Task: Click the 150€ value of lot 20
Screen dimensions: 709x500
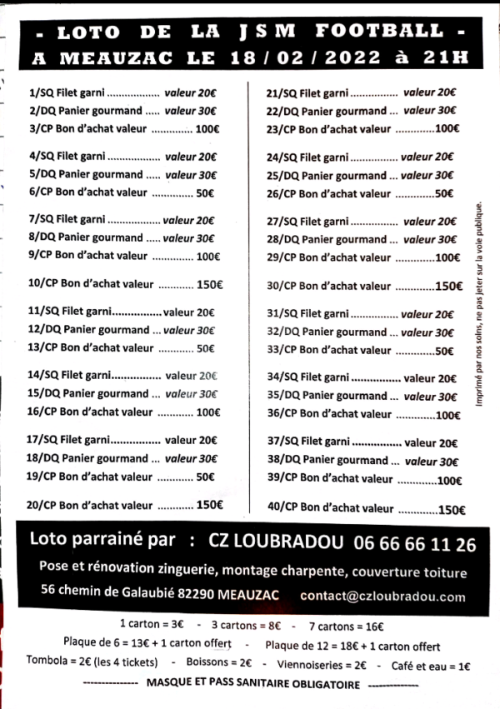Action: pyautogui.click(x=209, y=504)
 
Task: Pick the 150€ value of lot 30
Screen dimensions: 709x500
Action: pyautogui.click(x=449, y=286)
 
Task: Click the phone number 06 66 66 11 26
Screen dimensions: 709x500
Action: pyautogui.click(x=415, y=544)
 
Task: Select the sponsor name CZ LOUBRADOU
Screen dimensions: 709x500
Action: pyautogui.click(x=275, y=543)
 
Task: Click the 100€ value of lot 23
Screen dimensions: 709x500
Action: pyautogui.click(x=447, y=129)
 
